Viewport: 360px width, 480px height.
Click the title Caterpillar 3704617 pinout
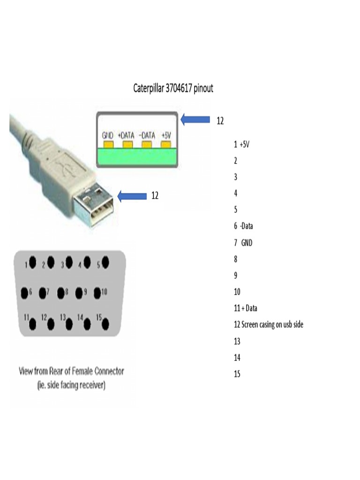click(173, 88)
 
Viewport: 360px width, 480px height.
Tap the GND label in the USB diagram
click(108, 135)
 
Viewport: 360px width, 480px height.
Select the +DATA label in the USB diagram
click(126, 135)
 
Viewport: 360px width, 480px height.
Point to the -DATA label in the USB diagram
click(147, 135)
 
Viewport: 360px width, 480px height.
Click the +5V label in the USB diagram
click(165, 135)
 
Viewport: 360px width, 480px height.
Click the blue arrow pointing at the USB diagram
click(195, 120)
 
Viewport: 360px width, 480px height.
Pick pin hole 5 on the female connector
click(106, 263)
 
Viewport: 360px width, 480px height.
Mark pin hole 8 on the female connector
click(60, 293)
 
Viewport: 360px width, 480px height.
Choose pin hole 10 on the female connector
click(97, 293)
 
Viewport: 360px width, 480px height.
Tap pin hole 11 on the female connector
click(33, 323)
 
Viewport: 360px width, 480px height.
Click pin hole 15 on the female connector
click(106, 323)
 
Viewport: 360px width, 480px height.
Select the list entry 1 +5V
click(241, 144)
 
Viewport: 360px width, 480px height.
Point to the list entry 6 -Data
click(243, 226)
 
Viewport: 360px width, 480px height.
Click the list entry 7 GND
click(243, 242)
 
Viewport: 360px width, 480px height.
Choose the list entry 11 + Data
click(245, 308)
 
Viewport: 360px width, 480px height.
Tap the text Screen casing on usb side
click(272, 324)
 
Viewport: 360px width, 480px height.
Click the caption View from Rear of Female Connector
click(71, 371)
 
